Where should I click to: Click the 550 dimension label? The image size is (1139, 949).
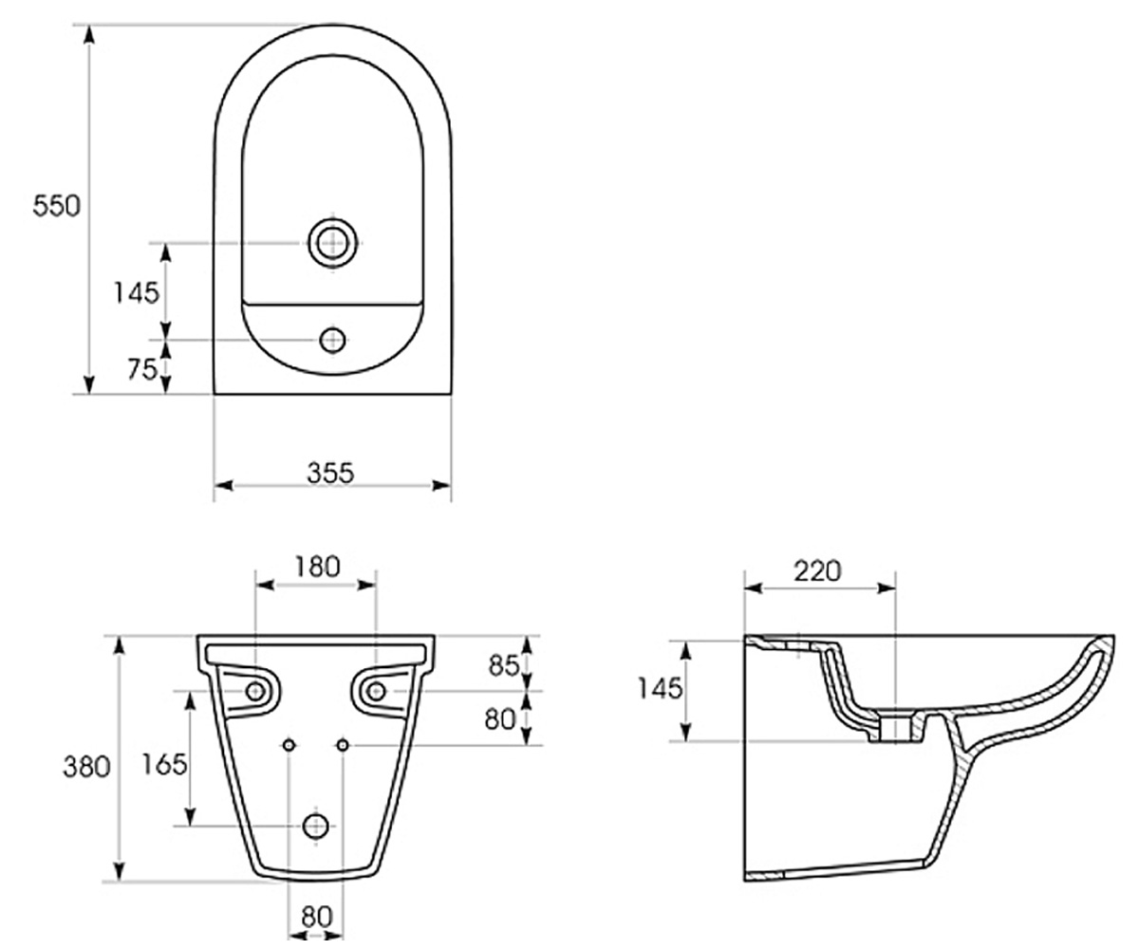tap(56, 206)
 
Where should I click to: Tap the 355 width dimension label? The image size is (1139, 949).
tap(330, 473)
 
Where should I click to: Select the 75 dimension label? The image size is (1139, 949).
tap(142, 369)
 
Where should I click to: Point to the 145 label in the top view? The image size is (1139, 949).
tap(137, 293)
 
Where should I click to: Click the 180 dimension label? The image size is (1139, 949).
tap(317, 567)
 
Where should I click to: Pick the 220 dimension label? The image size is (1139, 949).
tap(817, 571)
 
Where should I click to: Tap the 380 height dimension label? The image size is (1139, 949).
tap(86, 768)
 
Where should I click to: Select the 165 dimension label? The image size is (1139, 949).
tap(164, 764)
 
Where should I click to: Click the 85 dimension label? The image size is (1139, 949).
tap(504, 665)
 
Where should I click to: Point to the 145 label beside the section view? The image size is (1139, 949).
tap(660, 688)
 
